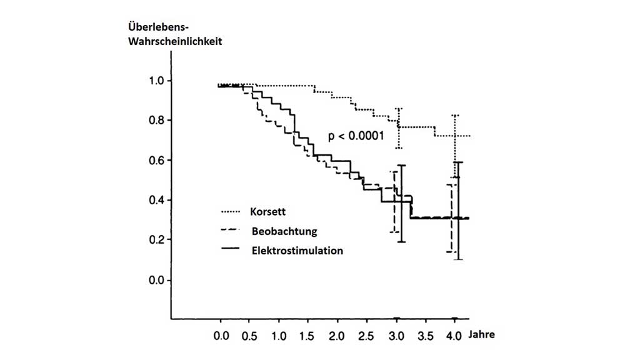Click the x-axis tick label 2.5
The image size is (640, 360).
[x=367, y=336]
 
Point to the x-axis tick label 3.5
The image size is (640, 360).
[x=425, y=336]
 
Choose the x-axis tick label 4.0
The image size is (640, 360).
[x=454, y=336]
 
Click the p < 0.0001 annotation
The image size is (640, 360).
[x=356, y=135]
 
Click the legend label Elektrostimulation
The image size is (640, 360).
[x=297, y=251]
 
